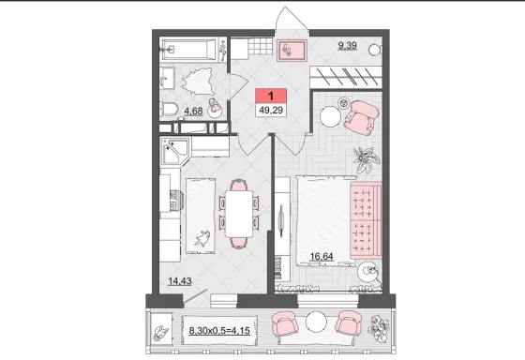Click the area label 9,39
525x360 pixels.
point(347,46)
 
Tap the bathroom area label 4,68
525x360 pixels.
point(193,111)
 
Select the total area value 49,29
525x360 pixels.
point(271,110)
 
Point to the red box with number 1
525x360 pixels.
point(271,97)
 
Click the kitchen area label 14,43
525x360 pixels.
point(180,280)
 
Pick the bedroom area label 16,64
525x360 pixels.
point(322,257)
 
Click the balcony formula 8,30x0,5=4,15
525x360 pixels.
point(219,331)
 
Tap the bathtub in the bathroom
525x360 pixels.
point(189,50)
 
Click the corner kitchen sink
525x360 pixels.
point(175,151)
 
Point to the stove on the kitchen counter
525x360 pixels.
point(175,201)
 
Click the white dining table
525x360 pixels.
point(239,214)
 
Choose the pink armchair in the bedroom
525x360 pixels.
point(361,117)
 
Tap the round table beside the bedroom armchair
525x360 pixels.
point(330,116)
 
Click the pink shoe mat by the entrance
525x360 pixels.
point(292,51)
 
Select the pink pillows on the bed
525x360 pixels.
point(366,220)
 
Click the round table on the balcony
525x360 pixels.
point(316,322)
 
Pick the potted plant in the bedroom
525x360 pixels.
point(367,159)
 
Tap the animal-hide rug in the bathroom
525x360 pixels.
point(198,82)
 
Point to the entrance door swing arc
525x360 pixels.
point(292,16)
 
